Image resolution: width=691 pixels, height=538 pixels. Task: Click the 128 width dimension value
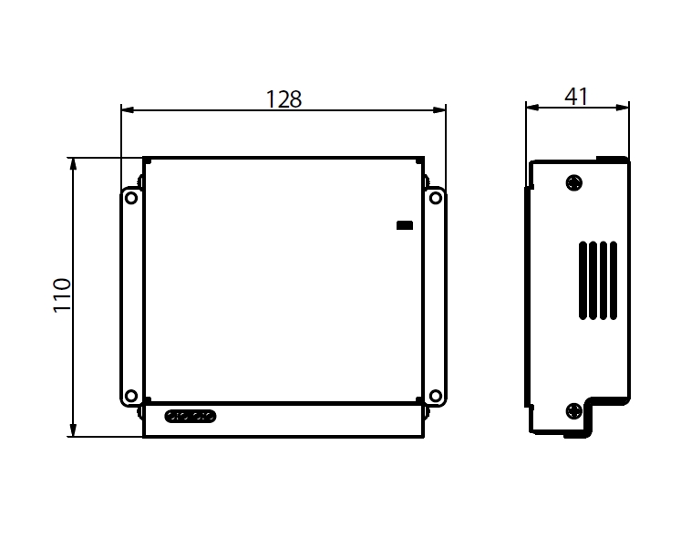(284, 98)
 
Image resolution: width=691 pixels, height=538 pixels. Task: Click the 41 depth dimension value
(576, 96)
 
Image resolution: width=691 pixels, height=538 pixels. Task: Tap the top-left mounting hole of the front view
(131, 197)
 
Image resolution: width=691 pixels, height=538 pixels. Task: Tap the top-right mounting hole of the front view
(435, 197)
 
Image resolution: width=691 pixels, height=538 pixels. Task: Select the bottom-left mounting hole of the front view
(131, 396)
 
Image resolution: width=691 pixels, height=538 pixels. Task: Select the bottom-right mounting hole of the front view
(435, 396)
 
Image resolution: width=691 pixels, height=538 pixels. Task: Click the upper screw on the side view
(573, 183)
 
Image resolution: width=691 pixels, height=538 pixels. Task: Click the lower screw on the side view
(573, 410)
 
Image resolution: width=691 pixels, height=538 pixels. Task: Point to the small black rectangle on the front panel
(404, 224)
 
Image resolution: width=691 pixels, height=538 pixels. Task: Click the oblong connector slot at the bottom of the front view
(191, 417)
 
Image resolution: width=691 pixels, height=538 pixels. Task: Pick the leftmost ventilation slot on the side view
(583, 280)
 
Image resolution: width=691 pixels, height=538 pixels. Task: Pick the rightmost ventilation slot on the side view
(614, 280)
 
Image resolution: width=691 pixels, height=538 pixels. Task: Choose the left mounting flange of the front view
(131, 296)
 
